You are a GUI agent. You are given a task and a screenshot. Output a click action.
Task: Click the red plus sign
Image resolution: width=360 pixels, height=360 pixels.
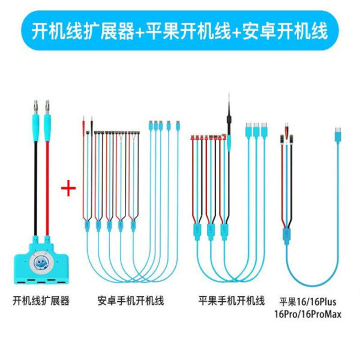click(x=68, y=188)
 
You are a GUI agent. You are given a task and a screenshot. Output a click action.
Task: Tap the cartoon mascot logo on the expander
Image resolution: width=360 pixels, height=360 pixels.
click(x=41, y=263)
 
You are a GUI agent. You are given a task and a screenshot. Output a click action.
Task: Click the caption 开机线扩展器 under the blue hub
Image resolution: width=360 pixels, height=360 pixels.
click(x=41, y=301)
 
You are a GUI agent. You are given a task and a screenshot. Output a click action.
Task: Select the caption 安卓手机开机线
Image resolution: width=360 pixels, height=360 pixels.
click(x=131, y=301)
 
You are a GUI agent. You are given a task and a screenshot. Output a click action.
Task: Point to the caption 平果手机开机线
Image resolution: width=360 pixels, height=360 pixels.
click(x=232, y=301)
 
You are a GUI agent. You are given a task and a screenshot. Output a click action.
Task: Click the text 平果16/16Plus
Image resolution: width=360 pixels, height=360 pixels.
click(x=308, y=302)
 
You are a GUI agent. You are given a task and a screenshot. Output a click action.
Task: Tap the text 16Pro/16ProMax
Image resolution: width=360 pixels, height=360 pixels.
click(x=308, y=314)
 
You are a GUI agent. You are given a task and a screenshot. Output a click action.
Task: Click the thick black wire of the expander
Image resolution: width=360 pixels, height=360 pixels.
click(x=35, y=189)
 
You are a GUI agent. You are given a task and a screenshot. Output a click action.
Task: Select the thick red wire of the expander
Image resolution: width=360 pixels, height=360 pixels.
click(x=47, y=189)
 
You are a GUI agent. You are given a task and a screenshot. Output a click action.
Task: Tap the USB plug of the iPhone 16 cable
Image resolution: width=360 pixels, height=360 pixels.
click(x=337, y=134)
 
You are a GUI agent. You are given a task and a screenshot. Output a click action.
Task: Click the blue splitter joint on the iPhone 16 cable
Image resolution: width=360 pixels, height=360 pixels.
click(x=286, y=236)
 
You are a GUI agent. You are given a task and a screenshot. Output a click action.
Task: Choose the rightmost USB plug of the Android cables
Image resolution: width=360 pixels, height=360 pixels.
click(x=178, y=125)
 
